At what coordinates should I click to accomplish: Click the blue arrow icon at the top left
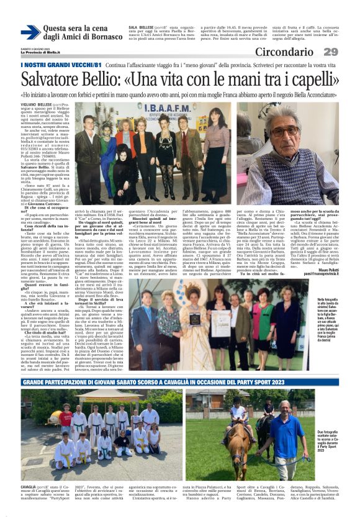pyautogui.click(x=30, y=32)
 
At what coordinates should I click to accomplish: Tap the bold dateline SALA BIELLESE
pyautogui.click(x=142, y=28)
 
